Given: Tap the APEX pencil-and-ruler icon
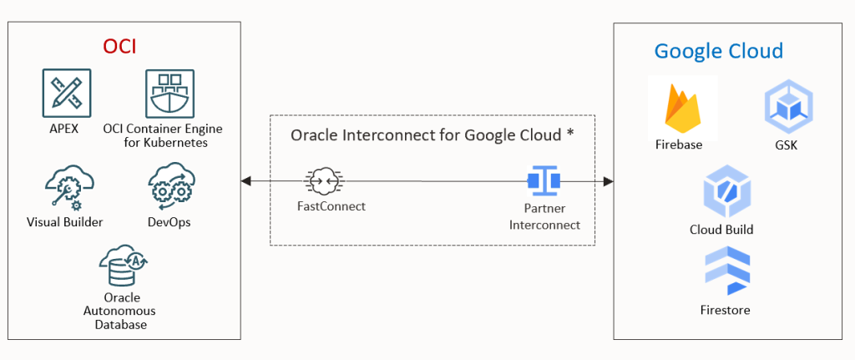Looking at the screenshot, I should point(67,94).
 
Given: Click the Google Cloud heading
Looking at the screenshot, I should point(718,51).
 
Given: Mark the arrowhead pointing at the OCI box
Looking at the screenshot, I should point(245,180).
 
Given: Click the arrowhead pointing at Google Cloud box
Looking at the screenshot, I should point(609,180).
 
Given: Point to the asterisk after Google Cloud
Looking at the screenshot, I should point(569,134).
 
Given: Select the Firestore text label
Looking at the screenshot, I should point(725,310).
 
